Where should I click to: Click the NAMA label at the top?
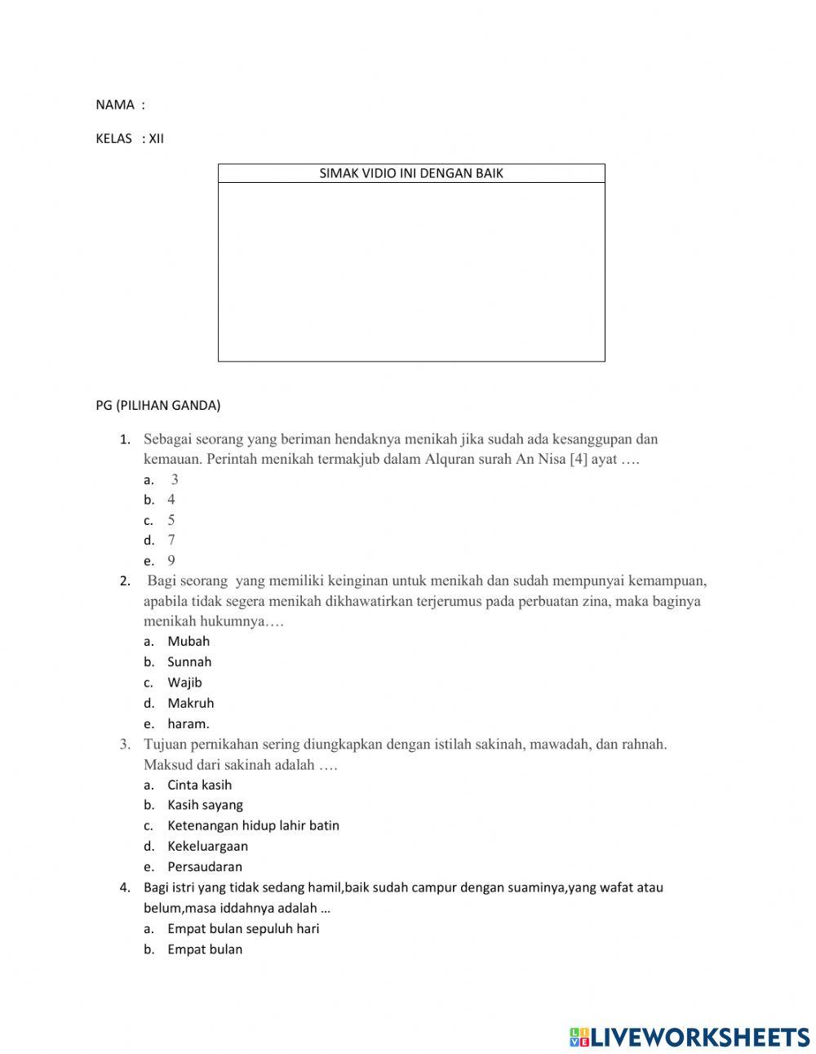coord(114,105)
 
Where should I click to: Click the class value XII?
coord(156,139)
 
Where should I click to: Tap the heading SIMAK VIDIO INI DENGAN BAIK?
coord(411,173)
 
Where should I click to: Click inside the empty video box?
coord(411,271)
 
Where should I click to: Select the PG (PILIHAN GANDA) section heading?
coord(158,405)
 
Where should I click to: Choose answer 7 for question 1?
coord(171,540)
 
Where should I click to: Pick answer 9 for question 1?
coord(171,560)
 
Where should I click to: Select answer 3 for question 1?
coord(175,479)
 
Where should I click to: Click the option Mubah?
coord(188,642)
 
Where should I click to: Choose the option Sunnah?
coord(189,662)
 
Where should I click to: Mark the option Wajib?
coord(184,683)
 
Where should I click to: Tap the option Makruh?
coord(191,703)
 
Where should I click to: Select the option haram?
coord(188,723)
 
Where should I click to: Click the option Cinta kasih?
coord(200,785)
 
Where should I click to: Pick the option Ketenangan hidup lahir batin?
coord(253,825)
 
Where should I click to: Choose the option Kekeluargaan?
coord(207,847)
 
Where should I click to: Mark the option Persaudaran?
coord(205,867)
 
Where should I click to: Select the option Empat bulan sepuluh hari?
coord(243,928)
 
